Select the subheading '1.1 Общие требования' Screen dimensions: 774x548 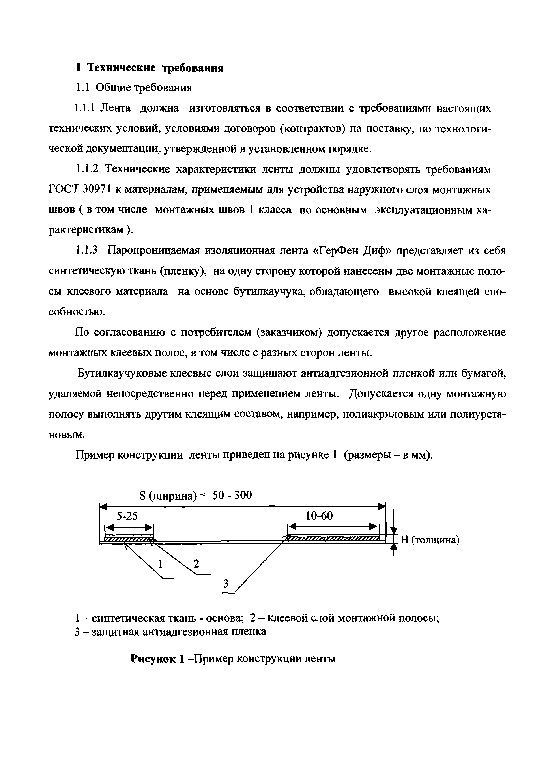[x=133, y=88]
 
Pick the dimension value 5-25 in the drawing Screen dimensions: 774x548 [x=127, y=516]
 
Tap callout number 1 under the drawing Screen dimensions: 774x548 [x=161, y=563]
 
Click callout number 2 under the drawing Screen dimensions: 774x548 [x=196, y=563]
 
